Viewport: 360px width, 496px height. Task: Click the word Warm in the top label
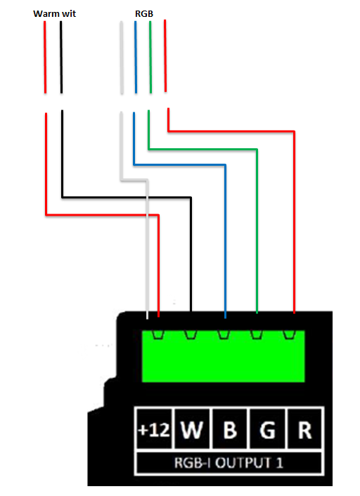coord(46,14)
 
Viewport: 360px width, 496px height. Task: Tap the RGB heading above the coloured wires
coord(144,14)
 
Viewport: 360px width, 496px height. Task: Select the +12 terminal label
coord(154,430)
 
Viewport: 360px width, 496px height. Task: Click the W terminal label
coord(192,430)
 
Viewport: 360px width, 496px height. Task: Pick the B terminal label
coord(230,430)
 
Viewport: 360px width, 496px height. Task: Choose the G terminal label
coord(268,430)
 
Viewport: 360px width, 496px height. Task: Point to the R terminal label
coord(305,430)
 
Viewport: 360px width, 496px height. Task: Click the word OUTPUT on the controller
coord(243,463)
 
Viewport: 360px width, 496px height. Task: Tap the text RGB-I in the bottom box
coord(193,463)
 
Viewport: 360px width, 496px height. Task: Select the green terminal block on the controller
coord(223,356)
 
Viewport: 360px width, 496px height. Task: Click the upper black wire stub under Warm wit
coord(61,57)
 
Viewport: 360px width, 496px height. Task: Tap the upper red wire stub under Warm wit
coord(45,57)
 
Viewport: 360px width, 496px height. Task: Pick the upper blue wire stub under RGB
coord(136,57)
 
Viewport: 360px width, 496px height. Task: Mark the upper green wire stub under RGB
coord(150,57)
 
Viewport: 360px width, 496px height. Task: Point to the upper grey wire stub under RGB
coord(122,58)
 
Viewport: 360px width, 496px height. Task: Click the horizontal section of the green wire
coord(202,149)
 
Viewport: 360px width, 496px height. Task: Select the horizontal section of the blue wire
coord(180,164)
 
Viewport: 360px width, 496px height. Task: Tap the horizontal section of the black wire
coord(127,197)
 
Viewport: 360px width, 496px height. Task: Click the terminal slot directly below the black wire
coord(191,334)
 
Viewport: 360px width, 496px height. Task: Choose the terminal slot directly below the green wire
coord(257,334)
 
